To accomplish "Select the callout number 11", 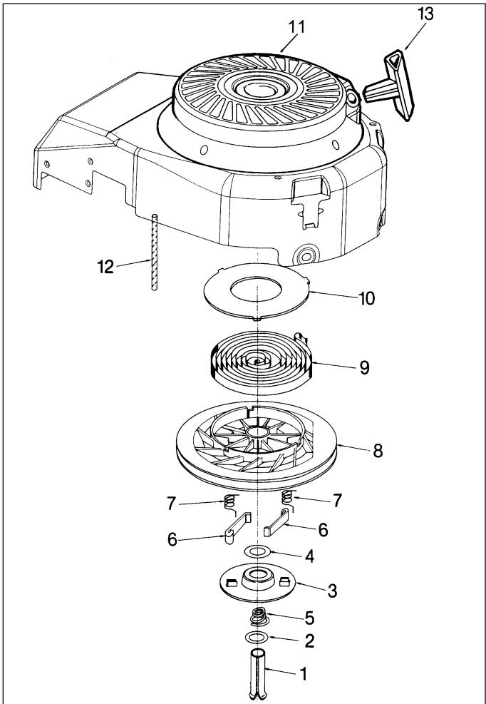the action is coord(296,27).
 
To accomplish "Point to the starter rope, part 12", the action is coord(155,252).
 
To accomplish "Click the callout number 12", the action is coord(105,267).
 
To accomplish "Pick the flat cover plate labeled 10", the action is coord(257,292).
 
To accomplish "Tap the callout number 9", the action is coord(364,367).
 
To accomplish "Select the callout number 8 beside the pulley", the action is coord(378,451).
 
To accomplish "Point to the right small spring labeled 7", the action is coord(288,499).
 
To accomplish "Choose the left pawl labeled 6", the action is coord(237,528).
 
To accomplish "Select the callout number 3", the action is coord(332,591).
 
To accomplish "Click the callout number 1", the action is coord(304,673).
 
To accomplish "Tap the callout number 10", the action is coord(366,298).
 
